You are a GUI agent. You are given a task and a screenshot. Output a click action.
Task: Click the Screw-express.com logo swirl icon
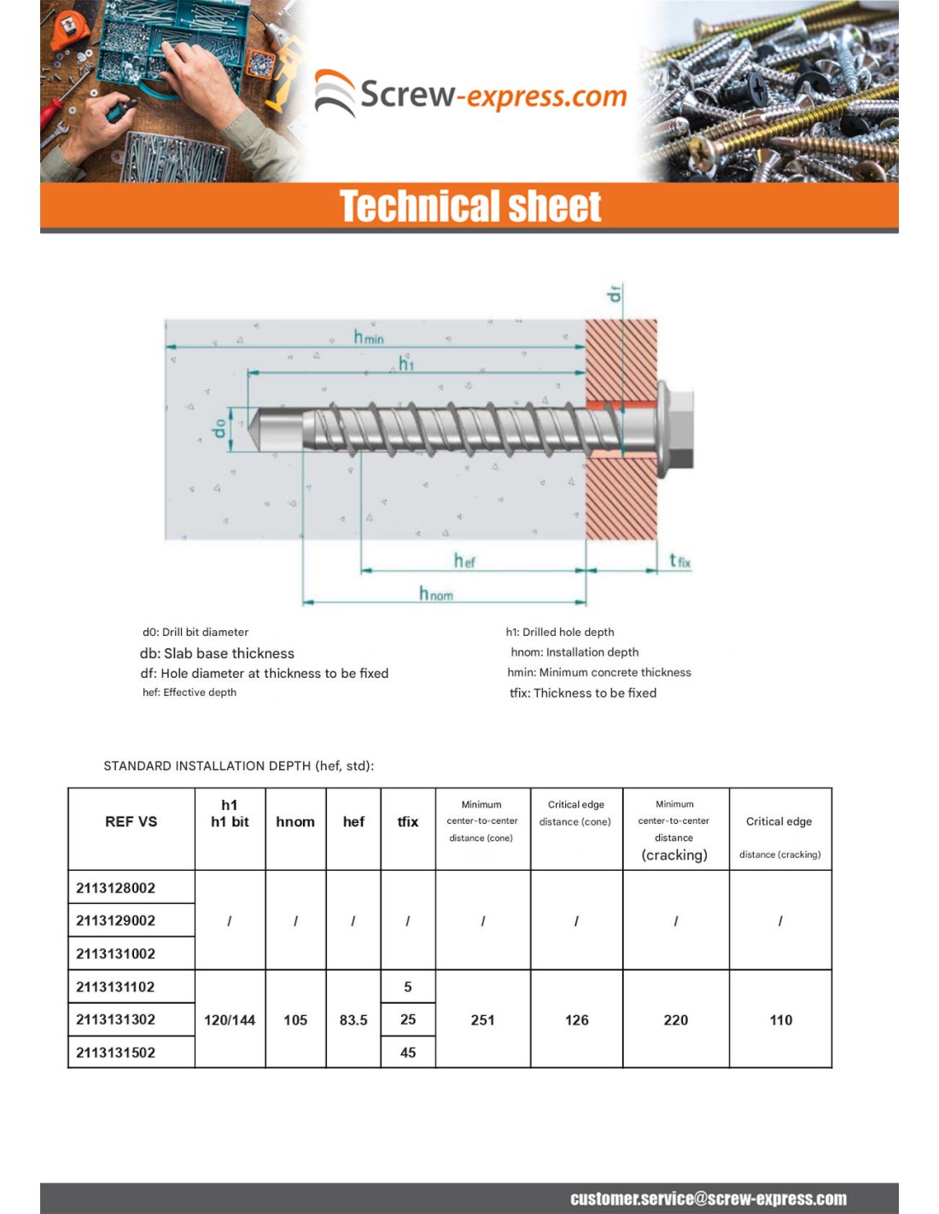tap(335, 92)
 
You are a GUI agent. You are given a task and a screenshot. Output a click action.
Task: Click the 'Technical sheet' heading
tap(470, 207)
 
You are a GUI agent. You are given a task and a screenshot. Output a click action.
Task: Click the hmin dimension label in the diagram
tap(369, 337)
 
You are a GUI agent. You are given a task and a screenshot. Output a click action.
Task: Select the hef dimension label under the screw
tap(464, 561)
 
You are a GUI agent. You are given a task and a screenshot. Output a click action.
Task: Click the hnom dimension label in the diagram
tap(435, 593)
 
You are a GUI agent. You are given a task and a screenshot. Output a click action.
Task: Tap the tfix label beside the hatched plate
tap(680, 561)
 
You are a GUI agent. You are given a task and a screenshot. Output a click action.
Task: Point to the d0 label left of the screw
tap(220, 428)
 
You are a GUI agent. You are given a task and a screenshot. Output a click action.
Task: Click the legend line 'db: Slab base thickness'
tap(217, 653)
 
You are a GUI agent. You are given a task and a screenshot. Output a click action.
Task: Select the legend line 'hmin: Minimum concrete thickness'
tap(599, 672)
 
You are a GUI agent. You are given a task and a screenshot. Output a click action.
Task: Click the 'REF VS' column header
tap(131, 821)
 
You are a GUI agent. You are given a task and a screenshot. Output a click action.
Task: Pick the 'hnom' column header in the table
tap(295, 821)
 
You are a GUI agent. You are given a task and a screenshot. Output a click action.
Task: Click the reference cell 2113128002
tap(116, 888)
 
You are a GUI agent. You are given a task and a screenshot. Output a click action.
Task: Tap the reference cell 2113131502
tap(116, 1053)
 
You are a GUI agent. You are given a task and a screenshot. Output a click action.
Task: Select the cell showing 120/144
tap(230, 1019)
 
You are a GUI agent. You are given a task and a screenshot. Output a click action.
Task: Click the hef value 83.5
tap(353, 1019)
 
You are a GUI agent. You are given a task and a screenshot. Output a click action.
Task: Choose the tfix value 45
tap(408, 1053)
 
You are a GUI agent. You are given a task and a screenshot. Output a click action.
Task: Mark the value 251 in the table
tap(482, 1019)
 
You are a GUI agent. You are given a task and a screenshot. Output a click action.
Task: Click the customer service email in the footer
tap(709, 1199)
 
